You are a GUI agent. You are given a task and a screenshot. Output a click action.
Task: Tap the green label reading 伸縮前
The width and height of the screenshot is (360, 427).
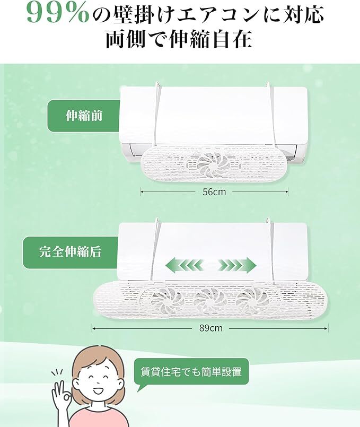pos(84,116)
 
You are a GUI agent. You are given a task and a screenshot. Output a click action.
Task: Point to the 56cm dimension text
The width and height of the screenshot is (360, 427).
pos(214,192)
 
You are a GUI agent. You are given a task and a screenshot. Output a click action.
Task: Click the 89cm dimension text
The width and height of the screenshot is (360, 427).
pos(211,328)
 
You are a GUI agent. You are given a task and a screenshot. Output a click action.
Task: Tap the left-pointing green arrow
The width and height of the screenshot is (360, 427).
pos(185,265)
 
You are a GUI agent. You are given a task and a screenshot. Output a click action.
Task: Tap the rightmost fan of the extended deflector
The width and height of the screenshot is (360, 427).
pos(251,301)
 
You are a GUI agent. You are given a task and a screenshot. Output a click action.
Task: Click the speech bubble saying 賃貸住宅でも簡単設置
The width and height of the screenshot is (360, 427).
pos(191,372)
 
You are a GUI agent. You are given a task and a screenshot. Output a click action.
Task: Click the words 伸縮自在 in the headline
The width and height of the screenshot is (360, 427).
pos(210,39)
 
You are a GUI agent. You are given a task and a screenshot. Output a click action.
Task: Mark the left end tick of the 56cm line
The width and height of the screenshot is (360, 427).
pos(141,192)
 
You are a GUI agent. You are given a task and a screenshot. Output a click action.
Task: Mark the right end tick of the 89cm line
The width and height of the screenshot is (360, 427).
pos(328,328)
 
